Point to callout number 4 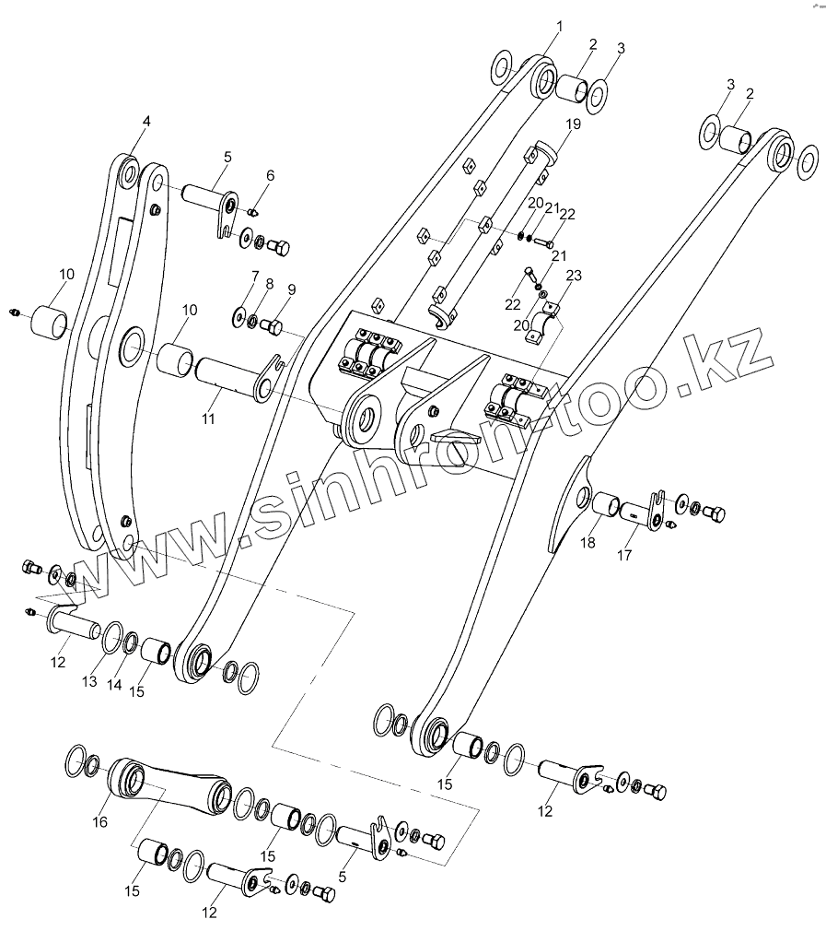pyautogui.click(x=146, y=121)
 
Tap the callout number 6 pyautogui.click(x=270, y=175)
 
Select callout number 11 pyautogui.click(x=209, y=419)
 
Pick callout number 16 pyautogui.click(x=100, y=821)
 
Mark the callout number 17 pyautogui.click(x=625, y=556)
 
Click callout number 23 pyautogui.click(x=574, y=275)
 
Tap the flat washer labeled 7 pyautogui.click(x=238, y=318)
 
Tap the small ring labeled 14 pyautogui.click(x=131, y=642)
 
